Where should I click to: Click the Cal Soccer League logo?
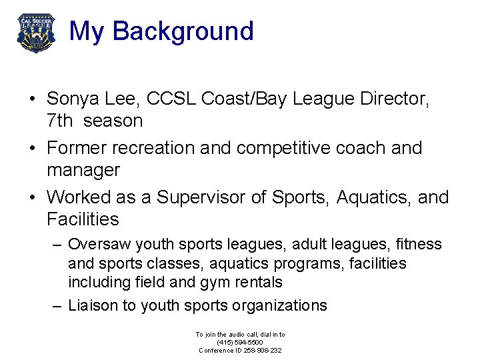(x=36, y=32)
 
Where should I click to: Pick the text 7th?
(x=59, y=121)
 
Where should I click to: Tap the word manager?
(x=83, y=170)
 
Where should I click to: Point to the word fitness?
(x=418, y=245)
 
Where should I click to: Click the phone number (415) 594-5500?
(x=239, y=342)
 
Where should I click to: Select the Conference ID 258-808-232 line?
(x=239, y=350)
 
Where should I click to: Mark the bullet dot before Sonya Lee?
(x=32, y=100)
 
